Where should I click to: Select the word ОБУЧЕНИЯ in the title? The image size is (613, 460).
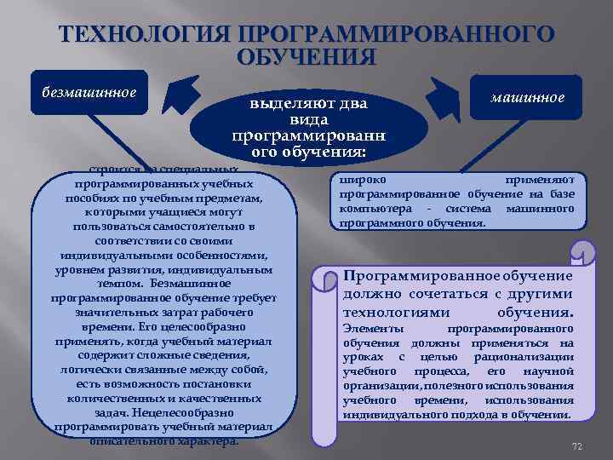[x=306, y=57]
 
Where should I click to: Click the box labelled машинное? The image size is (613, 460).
[x=528, y=97]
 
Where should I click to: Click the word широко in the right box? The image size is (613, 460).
[x=363, y=181]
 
